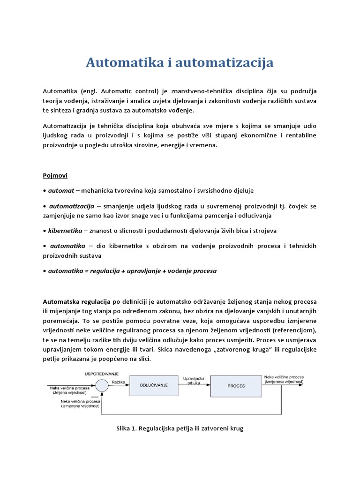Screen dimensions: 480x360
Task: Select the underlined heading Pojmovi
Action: click(55, 175)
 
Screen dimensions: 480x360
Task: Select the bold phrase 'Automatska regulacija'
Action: click(76, 301)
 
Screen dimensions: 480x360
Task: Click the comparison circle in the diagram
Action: click(102, 385)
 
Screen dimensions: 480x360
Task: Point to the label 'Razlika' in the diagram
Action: click(118, 382)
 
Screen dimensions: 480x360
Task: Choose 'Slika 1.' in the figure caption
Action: click(128, 428)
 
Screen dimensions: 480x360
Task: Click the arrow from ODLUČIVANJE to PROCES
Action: click(194, 385)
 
